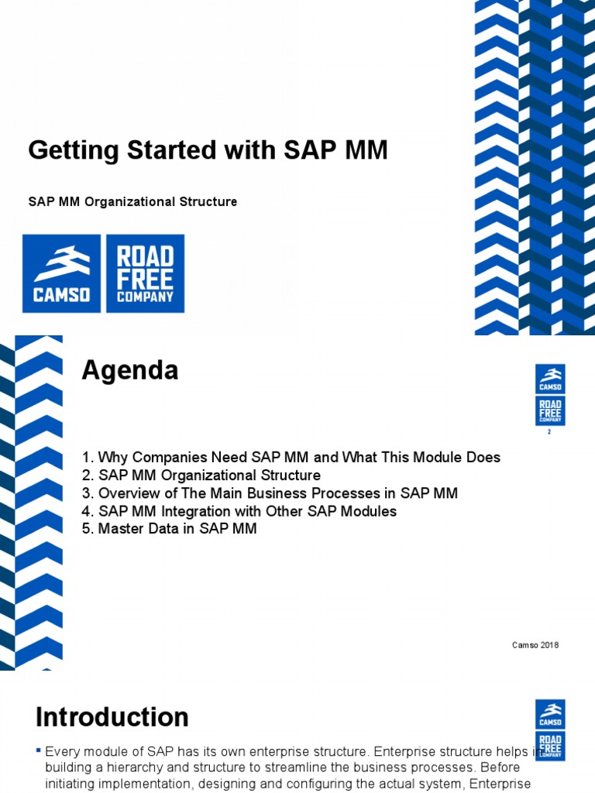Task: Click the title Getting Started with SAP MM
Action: (x=208, y=150)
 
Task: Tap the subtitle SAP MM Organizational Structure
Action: (x=132, y=201)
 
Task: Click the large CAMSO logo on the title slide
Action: (x=61, y=273)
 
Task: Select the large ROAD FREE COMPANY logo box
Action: (x=145, y=273)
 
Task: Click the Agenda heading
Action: (x=130, y=371)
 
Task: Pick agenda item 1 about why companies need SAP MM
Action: (x=291, y=458)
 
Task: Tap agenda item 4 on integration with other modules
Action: (x=239, y=511)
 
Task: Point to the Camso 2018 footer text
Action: (x=535, y=645)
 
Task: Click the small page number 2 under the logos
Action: (x=549, y=432)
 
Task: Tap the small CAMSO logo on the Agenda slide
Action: (x=550, y=379)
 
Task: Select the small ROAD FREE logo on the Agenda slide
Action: (x=550, y=410)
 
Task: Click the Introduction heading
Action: (x=112, y=717)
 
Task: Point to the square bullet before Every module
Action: (x=39, y=750)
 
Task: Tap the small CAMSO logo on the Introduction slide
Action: (x=550, y=714)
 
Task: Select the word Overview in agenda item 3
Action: (x=126, y=493)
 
